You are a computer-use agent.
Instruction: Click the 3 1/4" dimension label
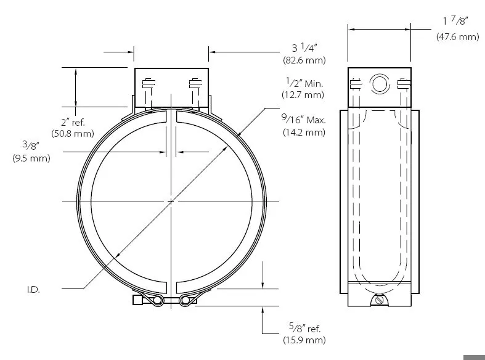click(304, 47)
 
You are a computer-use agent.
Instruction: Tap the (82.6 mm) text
click(304, 60)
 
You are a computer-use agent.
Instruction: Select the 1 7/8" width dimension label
click(455, 20)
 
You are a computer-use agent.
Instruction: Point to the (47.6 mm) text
click(458, 36)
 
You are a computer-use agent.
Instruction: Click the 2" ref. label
click(73, 122)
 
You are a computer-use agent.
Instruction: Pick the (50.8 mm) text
click(73, 134)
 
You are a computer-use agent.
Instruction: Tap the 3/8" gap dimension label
click(31, 145)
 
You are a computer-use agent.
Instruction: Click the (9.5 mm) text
click(31, 158)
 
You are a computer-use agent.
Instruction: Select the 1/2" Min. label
click(304, 83)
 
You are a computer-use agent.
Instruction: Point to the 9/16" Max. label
click(303, 119)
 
